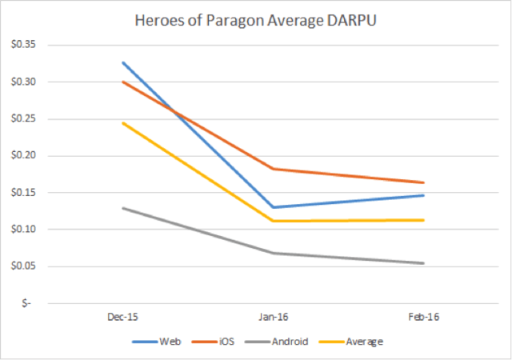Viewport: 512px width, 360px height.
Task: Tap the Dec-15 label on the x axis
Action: pyautogui.click(x=122, y=317)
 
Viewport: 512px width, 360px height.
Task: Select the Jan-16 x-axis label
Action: pyautogui.click(x=273, y=317)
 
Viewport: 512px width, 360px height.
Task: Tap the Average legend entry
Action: pyautogui.click(x=364, y=342)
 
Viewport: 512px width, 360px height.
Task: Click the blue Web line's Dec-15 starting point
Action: pyautogui.click(x=122, y=62)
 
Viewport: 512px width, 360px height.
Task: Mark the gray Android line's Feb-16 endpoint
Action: pyautogui.click(x=423, y=263)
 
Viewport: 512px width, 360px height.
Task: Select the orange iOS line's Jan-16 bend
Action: pyautogui.click(x=273, y=169)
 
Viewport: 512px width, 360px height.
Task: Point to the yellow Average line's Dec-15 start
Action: pyautogui.click(x=122, y=123)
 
